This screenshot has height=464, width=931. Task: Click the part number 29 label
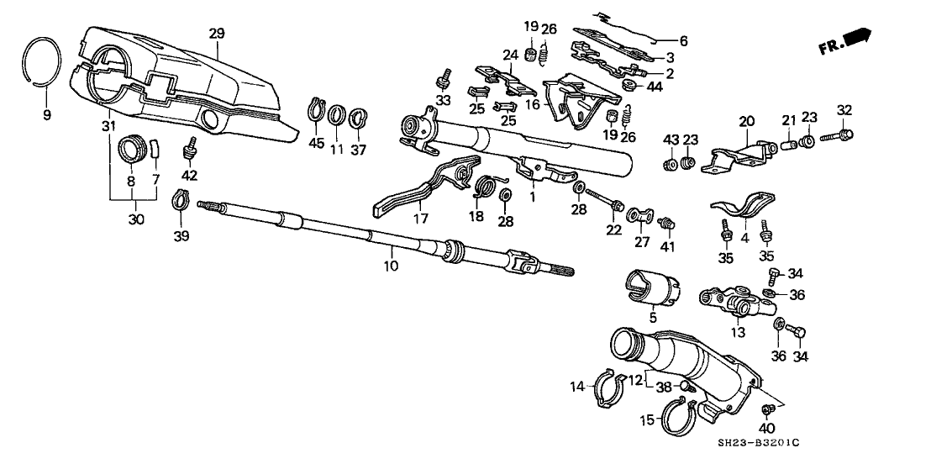pyautogui.click(x=217, y=33)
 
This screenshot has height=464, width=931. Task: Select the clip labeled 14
pyautogui.click(x=608, y=388)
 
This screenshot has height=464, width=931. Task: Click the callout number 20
pyautogui.click(x=745, y=120)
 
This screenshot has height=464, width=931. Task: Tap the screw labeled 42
pyautogui.click(x=189, y=152)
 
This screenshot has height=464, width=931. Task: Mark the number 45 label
pyautogui.click(x=316, y=143)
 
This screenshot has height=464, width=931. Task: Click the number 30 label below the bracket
pyautogui.click(x=135, y=219)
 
